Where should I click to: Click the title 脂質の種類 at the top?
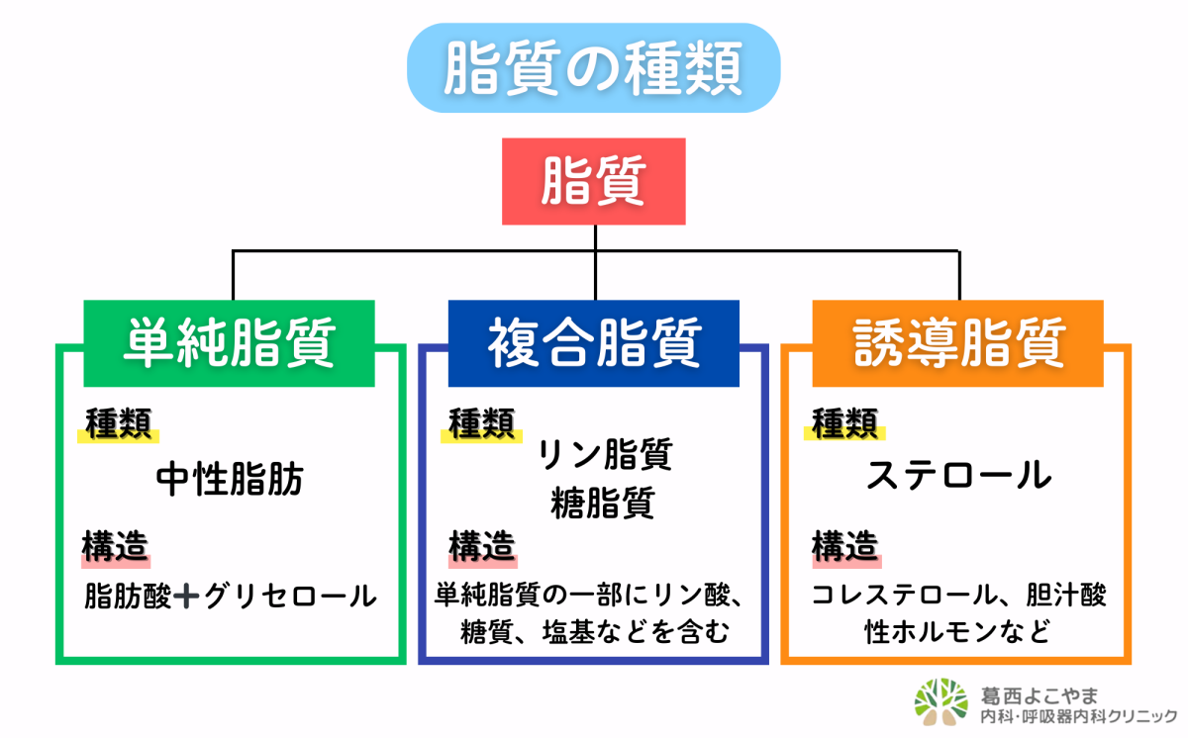click(593, 67)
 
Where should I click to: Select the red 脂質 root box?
click(594, 181)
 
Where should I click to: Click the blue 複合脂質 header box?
click(593, 343)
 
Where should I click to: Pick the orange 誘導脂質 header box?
click(958, 343)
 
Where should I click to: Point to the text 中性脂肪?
click(230, 480)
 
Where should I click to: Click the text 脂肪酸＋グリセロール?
click(231, 597)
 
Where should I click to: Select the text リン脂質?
click(605, 454)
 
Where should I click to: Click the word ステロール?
click(958, 476)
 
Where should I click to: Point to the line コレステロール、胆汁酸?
click(958, 596)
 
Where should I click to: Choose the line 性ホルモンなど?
click(957, 631)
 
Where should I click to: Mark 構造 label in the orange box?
click(845, 545)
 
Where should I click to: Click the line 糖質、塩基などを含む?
click(595, 631)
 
